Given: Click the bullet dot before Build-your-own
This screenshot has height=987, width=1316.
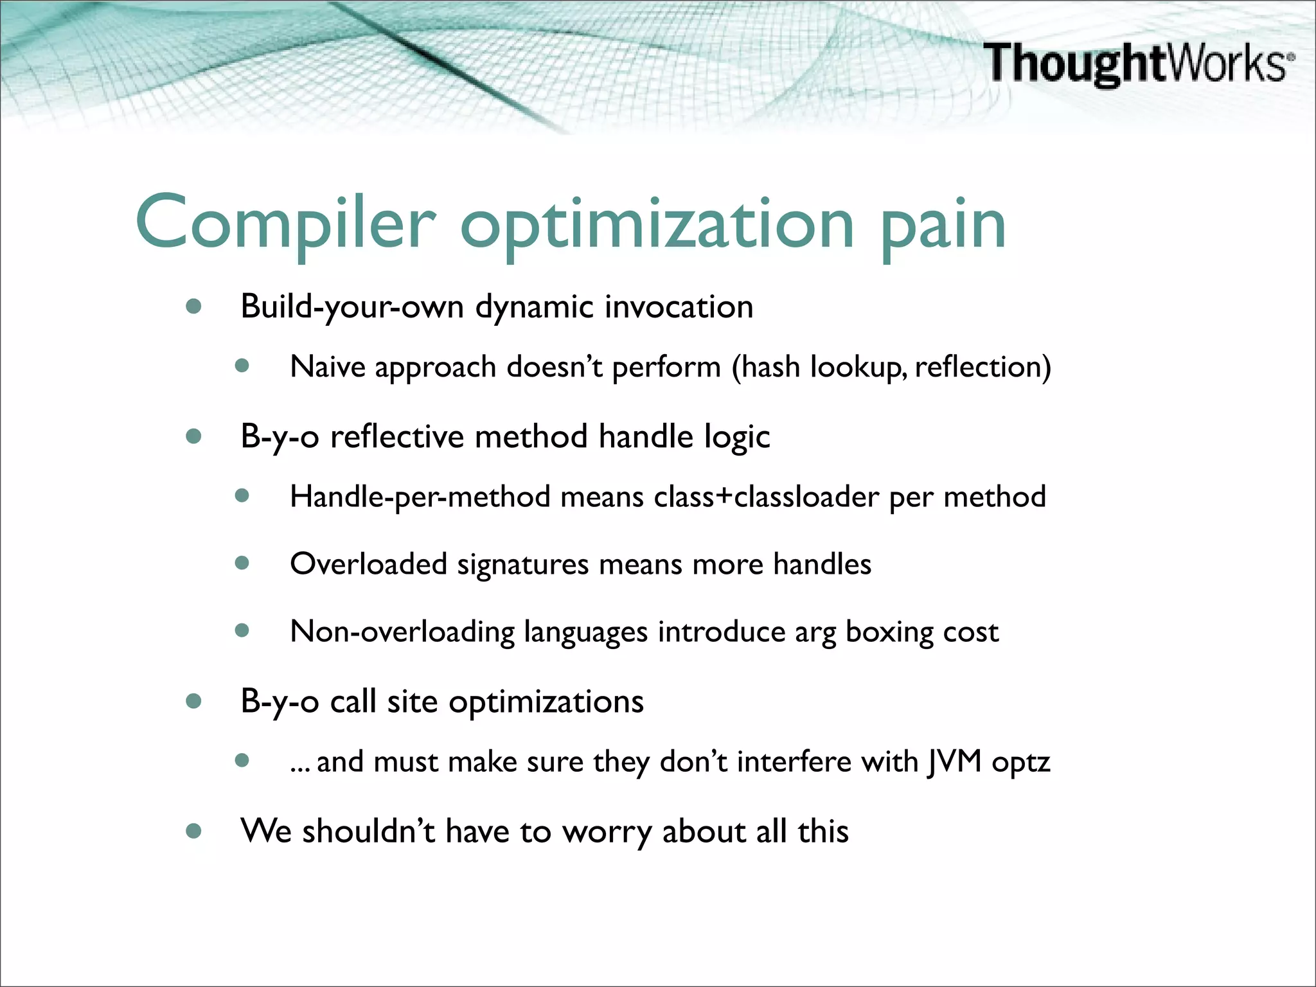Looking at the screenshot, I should pyautogui.click(x=193, y=307).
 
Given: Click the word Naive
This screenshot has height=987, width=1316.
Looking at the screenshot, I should pyautogui.click(x=328, y=367).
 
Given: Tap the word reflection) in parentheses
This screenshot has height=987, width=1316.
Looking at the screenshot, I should pyautogui.click(x=983, y=367).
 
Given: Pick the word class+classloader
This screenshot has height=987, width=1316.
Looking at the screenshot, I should pyautogui.click(x=766, y=497).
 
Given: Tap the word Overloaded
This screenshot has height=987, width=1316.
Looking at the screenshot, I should pyautogui.click(x=368, y=564).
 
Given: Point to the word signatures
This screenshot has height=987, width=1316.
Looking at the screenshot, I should pyautogui.click(x=522, y=564).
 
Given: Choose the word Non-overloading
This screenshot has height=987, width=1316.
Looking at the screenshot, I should pyautogui.click(x=402, y=632).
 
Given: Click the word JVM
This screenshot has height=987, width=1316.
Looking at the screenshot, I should pyautogui.click(x=954, y=762).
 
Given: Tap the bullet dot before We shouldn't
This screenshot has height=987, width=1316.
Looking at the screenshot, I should pyautogui.click(x=193, y=831).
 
